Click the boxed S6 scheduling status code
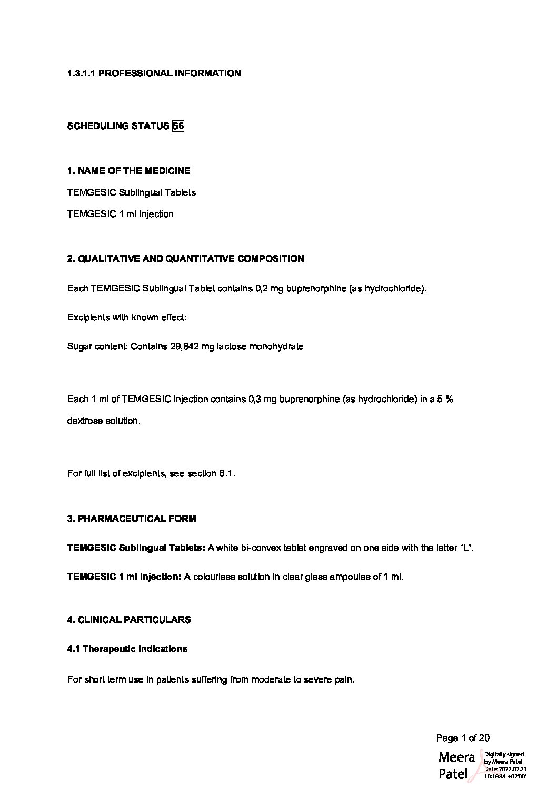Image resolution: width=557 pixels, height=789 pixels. (178, 126)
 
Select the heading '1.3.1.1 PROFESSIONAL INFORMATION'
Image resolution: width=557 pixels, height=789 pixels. (154, 73)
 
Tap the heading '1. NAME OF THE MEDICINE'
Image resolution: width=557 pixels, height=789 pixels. (128, 171)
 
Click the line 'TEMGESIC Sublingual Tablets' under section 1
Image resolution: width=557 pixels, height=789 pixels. (131, 192)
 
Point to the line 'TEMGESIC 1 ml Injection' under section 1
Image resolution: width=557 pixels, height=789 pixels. (120, 214)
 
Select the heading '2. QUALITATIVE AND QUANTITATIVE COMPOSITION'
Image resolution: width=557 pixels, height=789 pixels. (185, 259)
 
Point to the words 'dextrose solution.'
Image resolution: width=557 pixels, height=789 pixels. (104, 421)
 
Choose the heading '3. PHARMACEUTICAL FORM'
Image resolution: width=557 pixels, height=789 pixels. (132, 519)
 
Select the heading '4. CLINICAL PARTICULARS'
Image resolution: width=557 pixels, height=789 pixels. (129, 620)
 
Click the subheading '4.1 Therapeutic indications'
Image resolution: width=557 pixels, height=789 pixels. (127, 649)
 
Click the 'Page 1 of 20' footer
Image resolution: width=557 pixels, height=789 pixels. (463, 738)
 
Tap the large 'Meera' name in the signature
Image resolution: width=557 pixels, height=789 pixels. (456, 757)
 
